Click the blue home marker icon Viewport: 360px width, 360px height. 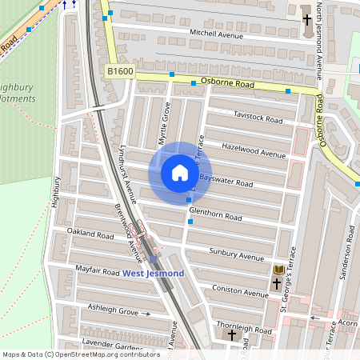[x=180, y=173]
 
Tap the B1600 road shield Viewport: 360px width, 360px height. [x=120, y=72]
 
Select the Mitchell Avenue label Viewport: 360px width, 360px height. [x=215, y=34]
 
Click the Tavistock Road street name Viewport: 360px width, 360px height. [x=258, y=118]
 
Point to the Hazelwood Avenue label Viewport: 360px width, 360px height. [x=254, y=151]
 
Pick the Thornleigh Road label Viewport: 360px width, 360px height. [x=244, y=330]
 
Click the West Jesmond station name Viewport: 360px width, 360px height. [x=153, y=274]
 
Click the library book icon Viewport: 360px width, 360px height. [x=278, y=270]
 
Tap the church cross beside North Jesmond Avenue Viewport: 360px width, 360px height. [x=307, y=19]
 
